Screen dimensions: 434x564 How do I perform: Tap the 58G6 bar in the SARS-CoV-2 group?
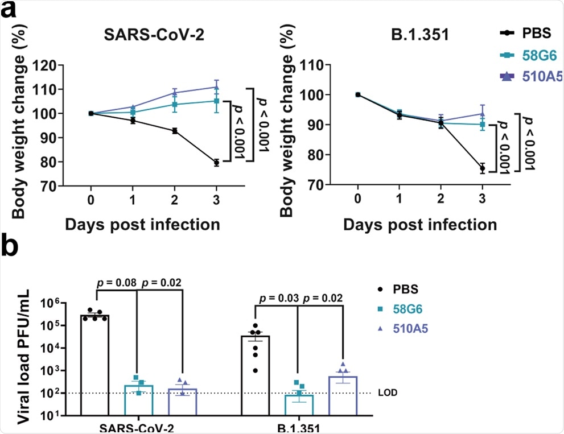[x=139, y=400]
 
